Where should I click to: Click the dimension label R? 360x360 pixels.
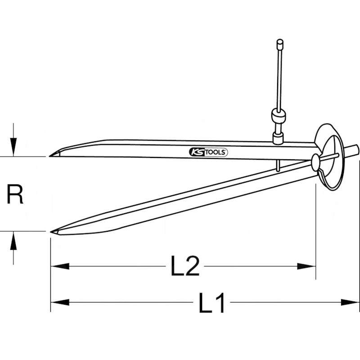(15, 194)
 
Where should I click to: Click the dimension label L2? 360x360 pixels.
(185, 266)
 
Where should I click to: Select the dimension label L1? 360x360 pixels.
(211, 303)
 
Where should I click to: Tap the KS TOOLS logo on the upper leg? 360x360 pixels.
(208, 152)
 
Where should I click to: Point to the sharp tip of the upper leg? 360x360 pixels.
(49, 156)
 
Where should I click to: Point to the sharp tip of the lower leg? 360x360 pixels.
(51, 231)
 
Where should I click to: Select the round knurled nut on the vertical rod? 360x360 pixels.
(279, 117)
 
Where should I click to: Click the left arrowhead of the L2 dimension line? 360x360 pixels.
(60, 266)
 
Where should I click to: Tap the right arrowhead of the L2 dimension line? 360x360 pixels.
(306, 266)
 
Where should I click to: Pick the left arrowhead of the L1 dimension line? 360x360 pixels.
(60, 302)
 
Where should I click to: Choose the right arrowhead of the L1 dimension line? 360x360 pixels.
(350, 302)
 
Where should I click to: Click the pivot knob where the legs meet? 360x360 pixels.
(315, 162)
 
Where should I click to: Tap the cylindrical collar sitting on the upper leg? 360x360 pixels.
(278, 138)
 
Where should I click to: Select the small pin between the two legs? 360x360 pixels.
(278, 166)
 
